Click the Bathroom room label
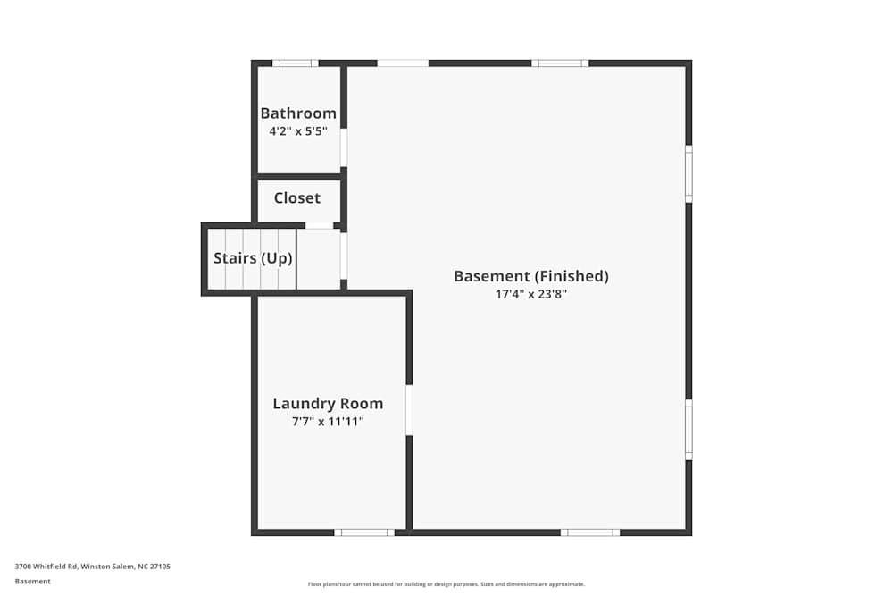coord(298,113)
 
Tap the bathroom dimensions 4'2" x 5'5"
coord(298,130)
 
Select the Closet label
coord(296,198)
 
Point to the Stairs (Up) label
coord(253,258)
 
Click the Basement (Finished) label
coord(530,276)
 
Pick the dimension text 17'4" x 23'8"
coord(530,293)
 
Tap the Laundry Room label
coord(328,404)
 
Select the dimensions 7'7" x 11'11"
coord(328,421)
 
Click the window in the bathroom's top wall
coord(295,63)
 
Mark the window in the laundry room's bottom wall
coord(363,533)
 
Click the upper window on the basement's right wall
coord(689,173)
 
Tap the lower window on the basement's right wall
coord(689,430)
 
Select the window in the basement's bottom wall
coord(590,533)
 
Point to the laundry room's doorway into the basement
coord(409,410)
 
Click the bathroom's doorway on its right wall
coord(344,147)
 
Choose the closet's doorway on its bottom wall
coord(319,225)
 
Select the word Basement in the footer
coord(33,581)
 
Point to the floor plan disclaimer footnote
coord(446,584)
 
